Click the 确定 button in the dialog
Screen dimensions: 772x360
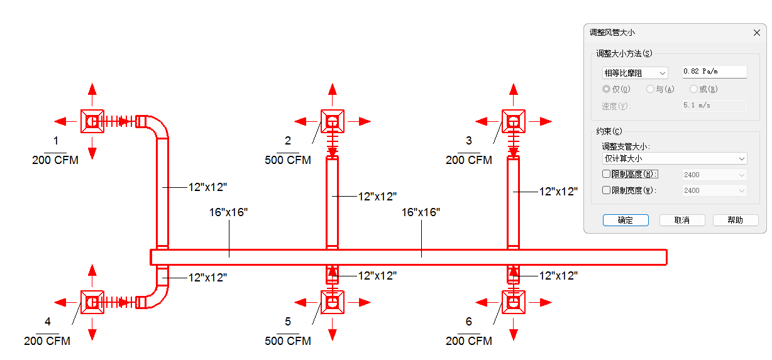tap(625, 220)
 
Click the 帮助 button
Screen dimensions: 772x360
tap(735, 220)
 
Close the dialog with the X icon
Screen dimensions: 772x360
tap(757, 33)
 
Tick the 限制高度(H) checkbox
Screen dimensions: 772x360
tap(606, 174)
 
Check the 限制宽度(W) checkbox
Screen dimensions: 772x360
tap(606, 190)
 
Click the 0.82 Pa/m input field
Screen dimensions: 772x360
tap(714, 72)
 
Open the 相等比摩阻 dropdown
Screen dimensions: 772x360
tap(635, 73)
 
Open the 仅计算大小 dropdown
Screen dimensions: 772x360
tap(675, 158)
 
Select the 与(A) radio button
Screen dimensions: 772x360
tap(650, 89)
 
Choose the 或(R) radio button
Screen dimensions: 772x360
tap(693, 89)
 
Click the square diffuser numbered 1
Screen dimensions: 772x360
tap(92, 121)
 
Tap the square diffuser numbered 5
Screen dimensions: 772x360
tap(332, 302)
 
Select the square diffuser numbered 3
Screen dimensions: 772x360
tap(514, 121)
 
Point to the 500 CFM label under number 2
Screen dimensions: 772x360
tap(288, 160)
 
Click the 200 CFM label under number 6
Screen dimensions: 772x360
tap(469, 341)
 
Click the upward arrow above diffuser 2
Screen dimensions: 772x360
tap(332, 94)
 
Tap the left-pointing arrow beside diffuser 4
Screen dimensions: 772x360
tap(65, 302)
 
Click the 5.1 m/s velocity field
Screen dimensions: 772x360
tap(714, 106)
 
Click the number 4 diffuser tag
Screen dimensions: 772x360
tap(48, 322)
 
